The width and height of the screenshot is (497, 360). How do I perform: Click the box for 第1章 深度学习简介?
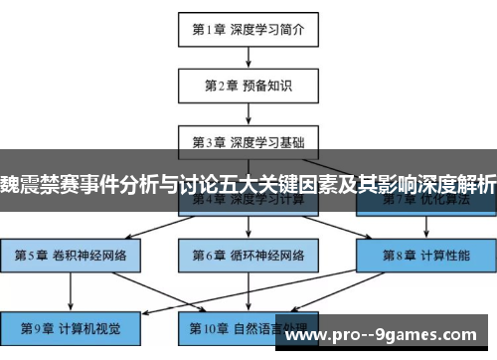tap(248, 30)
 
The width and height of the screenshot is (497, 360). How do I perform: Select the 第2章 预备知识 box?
tap(248, 86)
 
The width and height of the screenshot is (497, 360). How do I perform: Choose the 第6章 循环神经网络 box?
tap(248, 255)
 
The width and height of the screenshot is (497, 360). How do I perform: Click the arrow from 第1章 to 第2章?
tap(248, 58)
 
